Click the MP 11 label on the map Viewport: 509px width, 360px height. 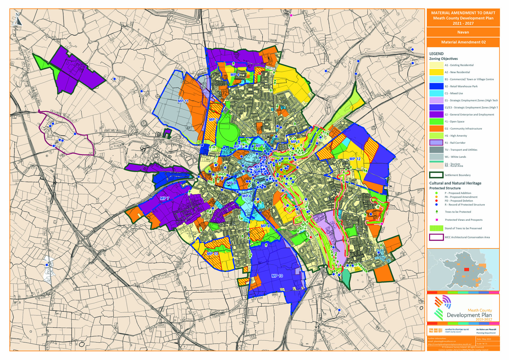(183, 101)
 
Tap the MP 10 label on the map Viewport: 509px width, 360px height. (277, 276)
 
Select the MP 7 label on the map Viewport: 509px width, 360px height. (165, 198)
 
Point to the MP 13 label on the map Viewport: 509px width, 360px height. (212, 253)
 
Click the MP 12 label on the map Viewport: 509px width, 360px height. (355, 159)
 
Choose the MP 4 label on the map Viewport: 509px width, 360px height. (235, 75)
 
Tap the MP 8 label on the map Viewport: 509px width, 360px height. (265, 226)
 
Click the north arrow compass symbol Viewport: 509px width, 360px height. (17, 19)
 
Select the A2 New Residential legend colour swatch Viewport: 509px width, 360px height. (436, 72)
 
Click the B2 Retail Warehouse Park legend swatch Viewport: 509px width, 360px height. (436, 86)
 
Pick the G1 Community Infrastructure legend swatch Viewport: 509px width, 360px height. (436, 128)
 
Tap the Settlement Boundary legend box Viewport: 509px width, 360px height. (436, 175)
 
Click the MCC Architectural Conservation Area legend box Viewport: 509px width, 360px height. (436, 237)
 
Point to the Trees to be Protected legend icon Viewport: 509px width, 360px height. (437, 212)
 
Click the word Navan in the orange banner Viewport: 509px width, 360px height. (463, 32)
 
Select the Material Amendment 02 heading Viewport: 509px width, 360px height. (463, 42)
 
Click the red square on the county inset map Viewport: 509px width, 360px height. (467, 269)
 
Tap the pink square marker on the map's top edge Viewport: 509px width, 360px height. (291, 15)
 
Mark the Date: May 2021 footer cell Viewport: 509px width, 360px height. (487, 339)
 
